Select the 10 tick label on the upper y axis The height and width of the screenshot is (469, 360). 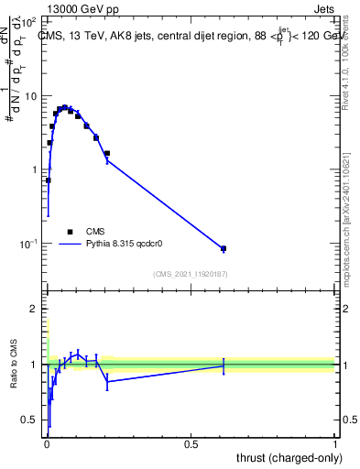coord(32,96)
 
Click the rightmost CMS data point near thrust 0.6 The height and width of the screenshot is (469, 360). coord(224,248)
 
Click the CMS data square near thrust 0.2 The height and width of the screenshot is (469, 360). coord(107,153)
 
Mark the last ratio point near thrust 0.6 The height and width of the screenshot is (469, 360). coord(224,365)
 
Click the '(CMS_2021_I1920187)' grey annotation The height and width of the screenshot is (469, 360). coord(190,274)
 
